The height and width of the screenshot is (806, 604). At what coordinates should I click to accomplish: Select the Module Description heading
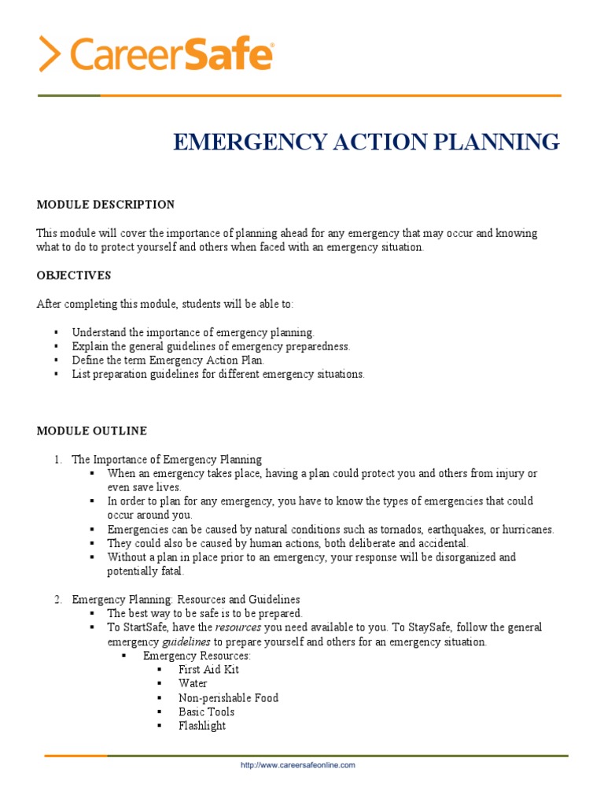[x=105, y=205]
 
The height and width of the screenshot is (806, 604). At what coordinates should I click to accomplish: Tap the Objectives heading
[x=74, y=275]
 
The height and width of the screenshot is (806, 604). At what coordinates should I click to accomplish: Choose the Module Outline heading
[x=92, y=431]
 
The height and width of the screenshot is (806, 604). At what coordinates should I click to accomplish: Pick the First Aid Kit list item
[x=208, y=670]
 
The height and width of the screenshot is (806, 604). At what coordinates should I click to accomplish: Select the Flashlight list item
[x=202, y=727]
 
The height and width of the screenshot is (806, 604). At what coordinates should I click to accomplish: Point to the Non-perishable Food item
[x=228, y=698]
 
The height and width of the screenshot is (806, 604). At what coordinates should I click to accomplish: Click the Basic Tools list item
[x=206, y=712]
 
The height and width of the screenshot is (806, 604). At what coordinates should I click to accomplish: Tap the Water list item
[x=193, y=684]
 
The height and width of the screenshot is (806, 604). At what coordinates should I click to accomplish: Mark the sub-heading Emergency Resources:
[x=197, y=656]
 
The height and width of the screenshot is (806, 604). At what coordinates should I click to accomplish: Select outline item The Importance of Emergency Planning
[x=167, y=460]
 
